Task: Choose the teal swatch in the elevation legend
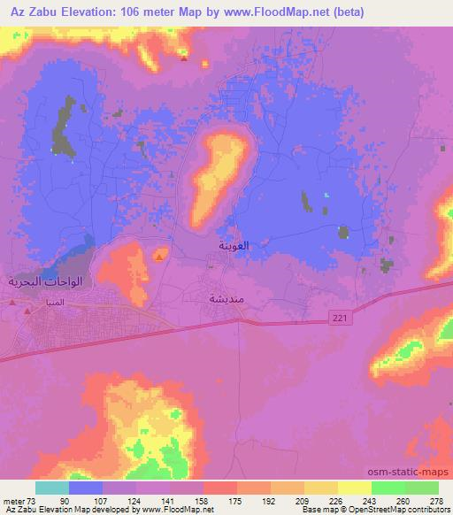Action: click(52, 487)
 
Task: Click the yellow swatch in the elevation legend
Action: click(355, 487)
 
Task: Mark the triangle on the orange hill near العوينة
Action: click(158, 257)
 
